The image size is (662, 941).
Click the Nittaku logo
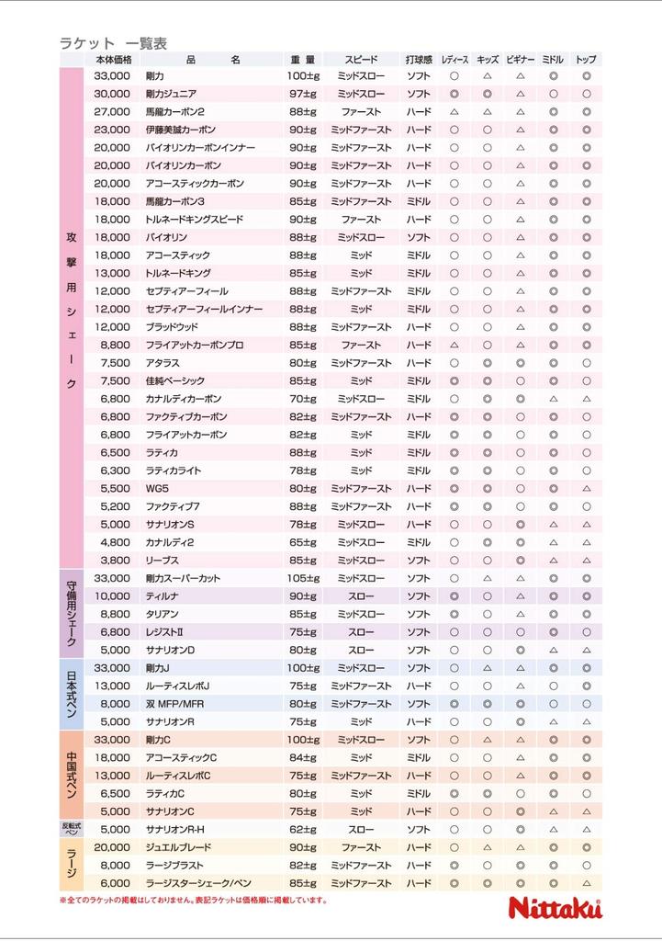point(555,908)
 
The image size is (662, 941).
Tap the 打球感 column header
point(419,60)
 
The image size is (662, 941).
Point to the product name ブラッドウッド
point(172,327)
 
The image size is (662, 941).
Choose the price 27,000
point(112,111)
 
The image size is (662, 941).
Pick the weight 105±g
point(302,578)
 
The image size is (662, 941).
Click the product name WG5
point(157,488)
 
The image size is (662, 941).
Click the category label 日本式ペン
point(72,694)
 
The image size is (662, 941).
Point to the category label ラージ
point(72,865)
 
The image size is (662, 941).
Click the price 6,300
point(115,470)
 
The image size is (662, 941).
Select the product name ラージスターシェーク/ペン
point(198,883)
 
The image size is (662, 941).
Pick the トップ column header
point(586,60)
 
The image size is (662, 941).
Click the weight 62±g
point(302,830)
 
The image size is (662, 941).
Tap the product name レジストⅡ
point(165,632)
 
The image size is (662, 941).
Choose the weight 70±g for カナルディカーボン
point(302,399)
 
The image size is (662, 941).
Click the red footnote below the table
point(193,901)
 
